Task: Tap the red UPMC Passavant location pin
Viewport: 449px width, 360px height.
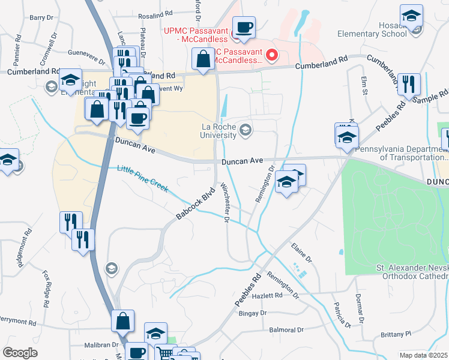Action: [x=271, y=56]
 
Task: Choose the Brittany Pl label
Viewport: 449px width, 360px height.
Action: [x=394, y=334]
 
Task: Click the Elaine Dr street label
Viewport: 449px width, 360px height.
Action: [x=301, y=252]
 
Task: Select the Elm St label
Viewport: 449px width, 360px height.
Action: [x=363, y=85]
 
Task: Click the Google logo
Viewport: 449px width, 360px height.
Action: [x=20, y=353]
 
